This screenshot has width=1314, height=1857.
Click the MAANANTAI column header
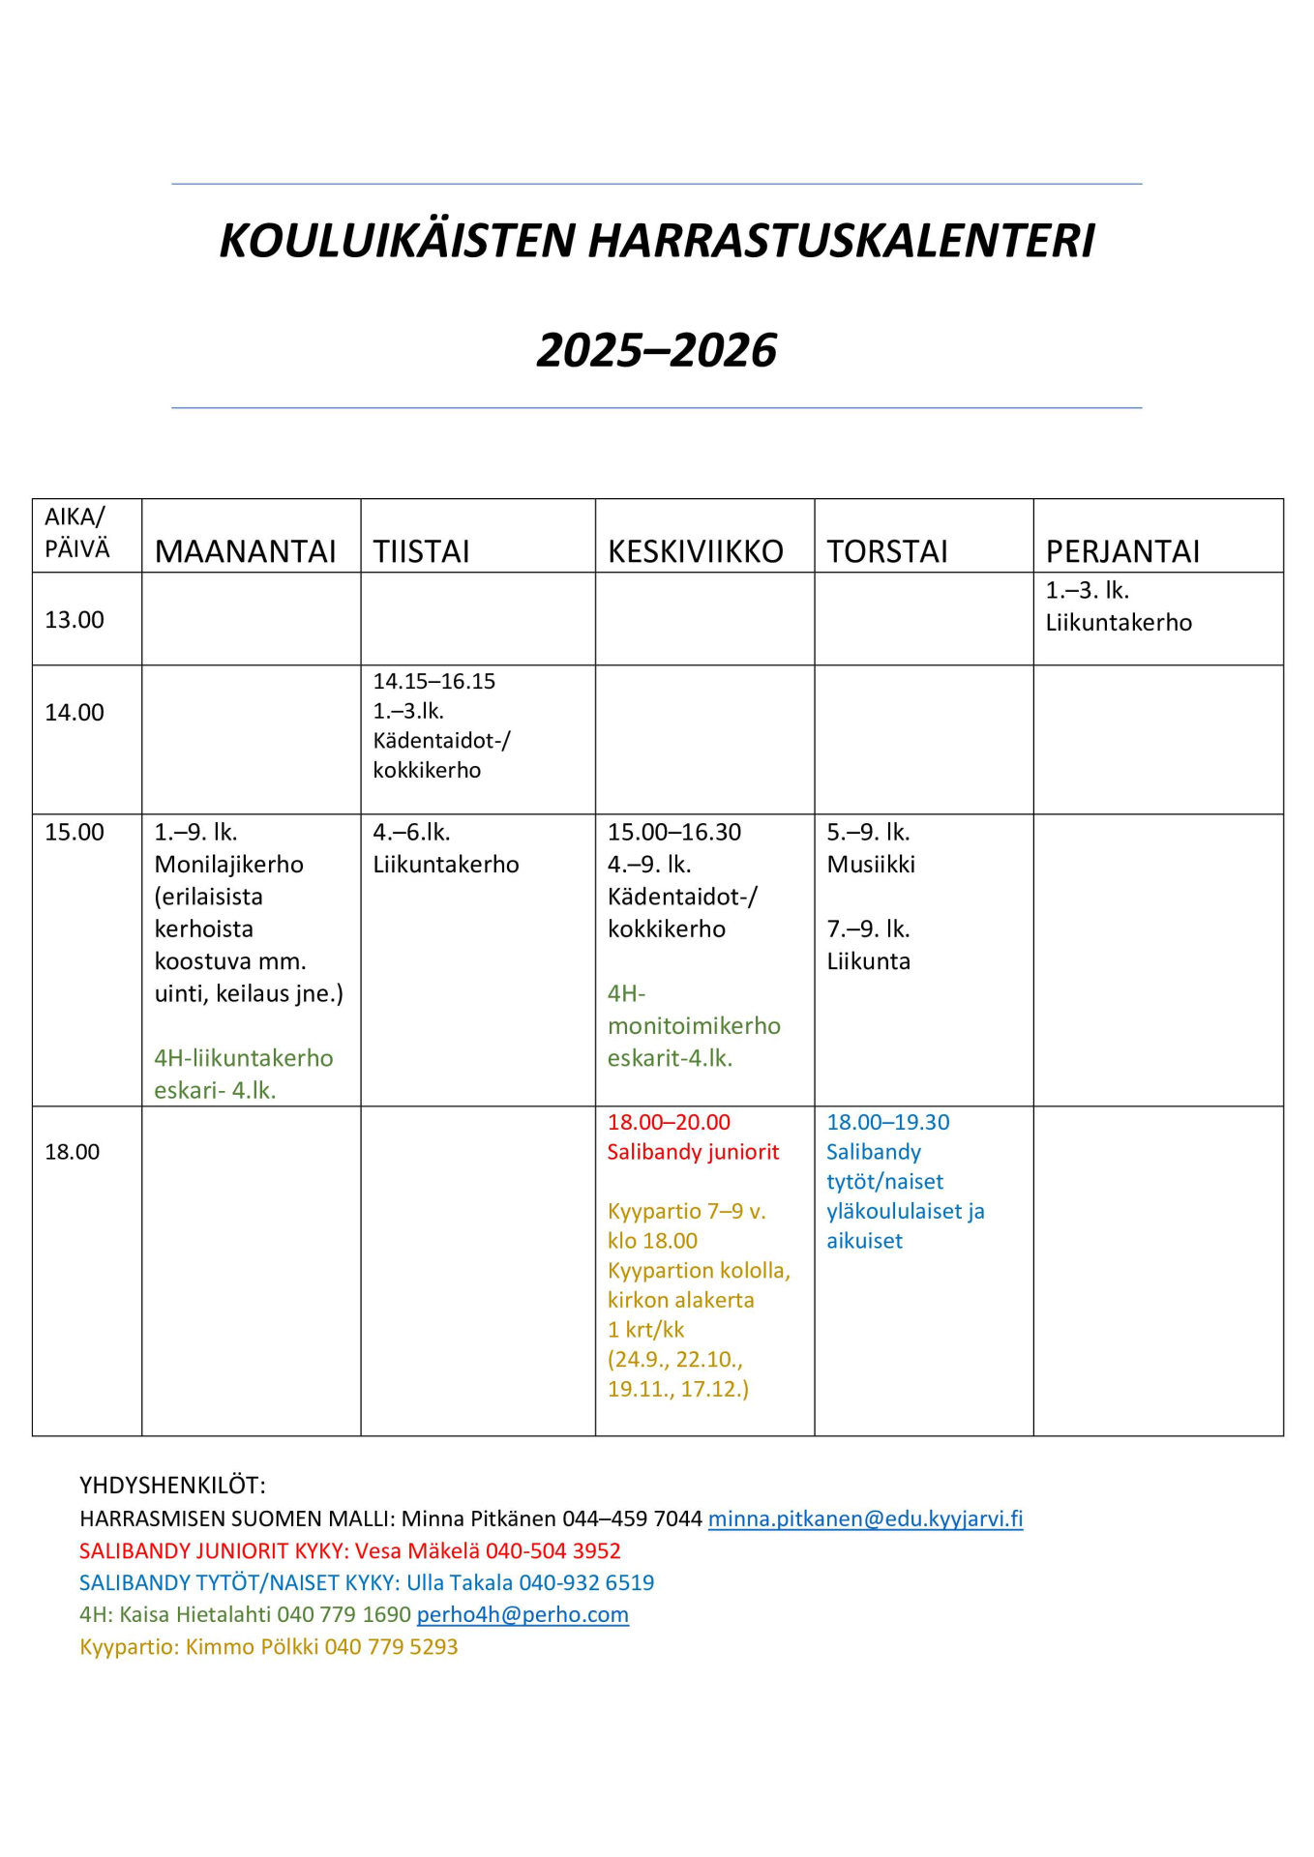pyautogui.click(x=245, y=551)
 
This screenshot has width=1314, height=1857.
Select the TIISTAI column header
pyautogui.click(x=421, y=551)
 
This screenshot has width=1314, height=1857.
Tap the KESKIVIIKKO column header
pyautogui.click(x=695, y=551)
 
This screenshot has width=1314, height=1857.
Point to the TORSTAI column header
pyautogui.click(x=886, y=551)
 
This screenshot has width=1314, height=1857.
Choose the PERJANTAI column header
pyautogui.click(x=1122, y=551)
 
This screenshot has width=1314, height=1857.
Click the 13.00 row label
pyautogui.click(x=75, y=620)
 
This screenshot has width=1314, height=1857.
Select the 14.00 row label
pyautogui.click(x=75, y=713)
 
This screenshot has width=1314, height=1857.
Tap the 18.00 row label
pyautogui.click(x=73, y=1152)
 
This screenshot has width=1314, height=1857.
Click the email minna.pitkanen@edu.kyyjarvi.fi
pyautogui.click(x=865, y=1518)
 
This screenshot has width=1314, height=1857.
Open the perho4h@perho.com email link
pyautogui.click(x=523, y=1614)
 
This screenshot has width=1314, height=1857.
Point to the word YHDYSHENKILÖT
pyautogui.click(x=172, y=1486)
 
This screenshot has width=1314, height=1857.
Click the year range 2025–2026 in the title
pyautogui.click(x=656, y=350)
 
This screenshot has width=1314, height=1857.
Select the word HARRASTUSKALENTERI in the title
pyautogui.click(x=841, y=241)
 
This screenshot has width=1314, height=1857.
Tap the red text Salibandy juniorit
pyautogui.click(x=693, y=1152)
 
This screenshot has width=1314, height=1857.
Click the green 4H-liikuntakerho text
pyautogui.click(x=244, y=1058)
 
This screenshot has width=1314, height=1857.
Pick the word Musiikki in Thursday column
pyautogui.click(x=871, y=865)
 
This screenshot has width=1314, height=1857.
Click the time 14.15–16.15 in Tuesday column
pyautogui.click(x=434, y=682)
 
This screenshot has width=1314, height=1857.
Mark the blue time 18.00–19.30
pyautogui.click(x=887, y=1122)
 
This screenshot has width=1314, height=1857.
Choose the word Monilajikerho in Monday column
pyautogui.click(x=229, y=865)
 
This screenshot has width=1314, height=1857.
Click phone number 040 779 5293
pyautogui.click(x=391, y=1646)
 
